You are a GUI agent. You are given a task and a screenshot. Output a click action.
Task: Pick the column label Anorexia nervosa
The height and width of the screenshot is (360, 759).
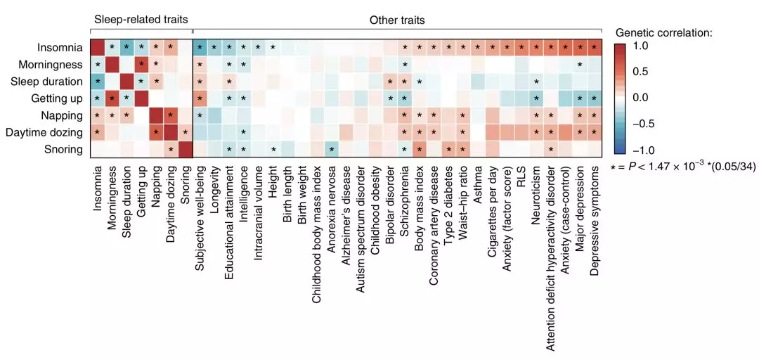tap(331, 203)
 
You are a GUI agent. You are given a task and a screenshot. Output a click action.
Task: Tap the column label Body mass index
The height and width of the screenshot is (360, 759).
tap(419, 200)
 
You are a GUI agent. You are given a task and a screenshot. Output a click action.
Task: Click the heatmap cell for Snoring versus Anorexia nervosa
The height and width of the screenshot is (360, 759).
tap(331, 149)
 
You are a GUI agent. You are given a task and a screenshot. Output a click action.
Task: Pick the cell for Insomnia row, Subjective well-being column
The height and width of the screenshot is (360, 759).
tap(200, 48)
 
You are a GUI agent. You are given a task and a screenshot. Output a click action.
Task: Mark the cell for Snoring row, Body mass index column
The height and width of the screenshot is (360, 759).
tap(419, 149)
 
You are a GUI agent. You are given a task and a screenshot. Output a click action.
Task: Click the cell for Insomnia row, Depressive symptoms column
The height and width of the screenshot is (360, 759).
tap(595, 48)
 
